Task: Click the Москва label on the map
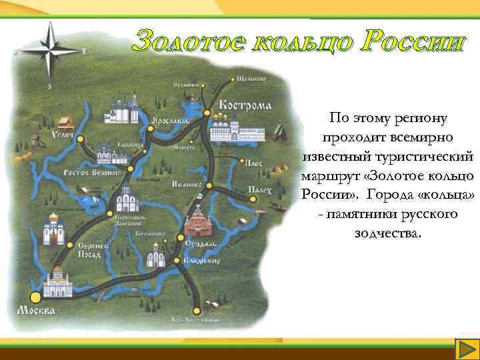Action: (36, 311)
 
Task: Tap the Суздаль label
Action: (197, 244)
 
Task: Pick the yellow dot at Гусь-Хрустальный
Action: (196, 309)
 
